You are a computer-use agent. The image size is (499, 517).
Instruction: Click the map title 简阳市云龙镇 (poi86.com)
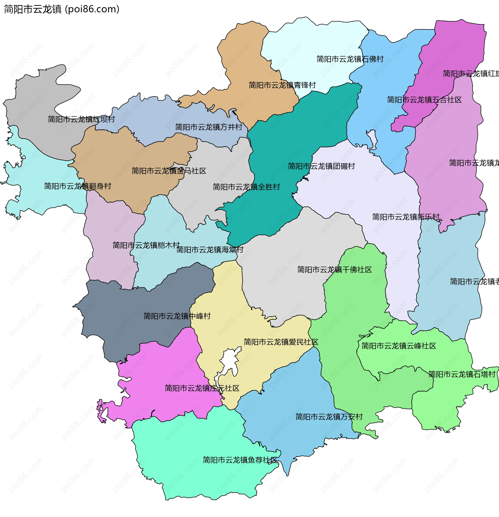(x=62, y=9)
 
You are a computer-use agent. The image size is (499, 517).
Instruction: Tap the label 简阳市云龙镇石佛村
(x=350, y=59)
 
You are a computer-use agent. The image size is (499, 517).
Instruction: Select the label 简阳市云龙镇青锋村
(x=282, y=85)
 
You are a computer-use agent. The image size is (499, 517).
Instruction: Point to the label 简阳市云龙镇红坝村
(x=81, y=119)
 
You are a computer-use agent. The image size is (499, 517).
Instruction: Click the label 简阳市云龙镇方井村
(x=209, y=127)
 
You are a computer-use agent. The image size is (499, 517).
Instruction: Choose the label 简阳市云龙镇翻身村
(x=77, y=186)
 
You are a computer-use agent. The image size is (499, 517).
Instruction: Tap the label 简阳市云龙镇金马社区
(x=169, y=171)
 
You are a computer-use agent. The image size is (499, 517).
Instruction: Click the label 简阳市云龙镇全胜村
(x=246, y=187)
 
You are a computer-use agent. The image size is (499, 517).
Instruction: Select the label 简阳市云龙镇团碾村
(x=321, y=166)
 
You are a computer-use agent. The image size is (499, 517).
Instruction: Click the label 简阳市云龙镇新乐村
(x=405, y=217)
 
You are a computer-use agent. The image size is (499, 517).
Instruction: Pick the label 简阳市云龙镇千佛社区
(x=334, y=269)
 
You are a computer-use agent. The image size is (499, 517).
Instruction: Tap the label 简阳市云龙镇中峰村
(x=177, y=316)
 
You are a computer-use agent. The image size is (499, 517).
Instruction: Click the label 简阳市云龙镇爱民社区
(x=281, y=342)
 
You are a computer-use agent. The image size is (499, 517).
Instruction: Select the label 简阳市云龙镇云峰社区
(x=398, y=346)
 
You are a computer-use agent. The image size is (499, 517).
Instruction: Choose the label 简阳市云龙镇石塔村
(x=461, y=374)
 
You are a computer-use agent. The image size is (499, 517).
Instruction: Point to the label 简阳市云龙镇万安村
(x=329, y=417)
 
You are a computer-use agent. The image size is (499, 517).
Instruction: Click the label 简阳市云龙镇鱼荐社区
(x=240, y=460)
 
